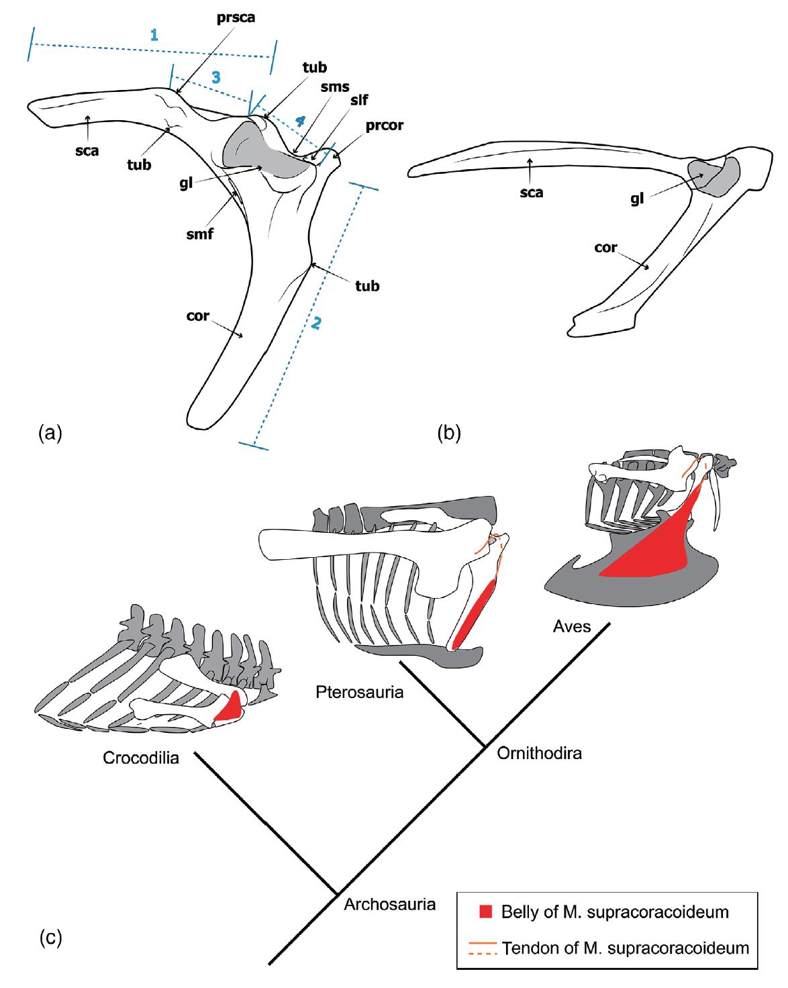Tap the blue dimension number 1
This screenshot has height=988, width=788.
154,36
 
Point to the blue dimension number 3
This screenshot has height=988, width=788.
215,77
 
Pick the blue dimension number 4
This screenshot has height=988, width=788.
300,121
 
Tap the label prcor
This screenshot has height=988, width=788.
385,125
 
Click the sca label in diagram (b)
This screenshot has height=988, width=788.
531,193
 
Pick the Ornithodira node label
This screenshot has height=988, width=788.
539,753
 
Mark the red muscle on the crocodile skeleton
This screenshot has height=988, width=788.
230,707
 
